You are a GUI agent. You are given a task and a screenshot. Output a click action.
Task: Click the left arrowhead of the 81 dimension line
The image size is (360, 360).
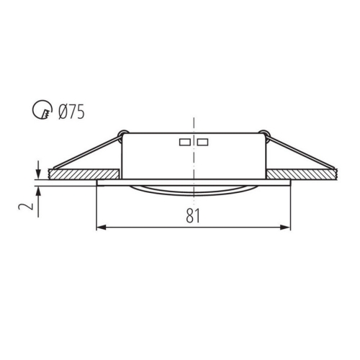point(101,228)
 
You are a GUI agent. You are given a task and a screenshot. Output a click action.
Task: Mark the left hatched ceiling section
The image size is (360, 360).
point(84,174)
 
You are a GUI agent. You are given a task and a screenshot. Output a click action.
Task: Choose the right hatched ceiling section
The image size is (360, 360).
point(302,174)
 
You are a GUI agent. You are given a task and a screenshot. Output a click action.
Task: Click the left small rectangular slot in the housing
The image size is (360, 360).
point(184,141)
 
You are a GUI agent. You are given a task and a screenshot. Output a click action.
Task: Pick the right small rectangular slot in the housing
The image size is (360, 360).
point(202,141)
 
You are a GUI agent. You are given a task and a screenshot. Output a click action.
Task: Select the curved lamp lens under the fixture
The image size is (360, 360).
point(193,190)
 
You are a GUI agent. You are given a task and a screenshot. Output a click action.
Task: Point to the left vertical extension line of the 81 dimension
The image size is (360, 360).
point(96,209)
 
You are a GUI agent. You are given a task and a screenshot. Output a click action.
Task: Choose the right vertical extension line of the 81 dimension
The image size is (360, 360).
point(290,209)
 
